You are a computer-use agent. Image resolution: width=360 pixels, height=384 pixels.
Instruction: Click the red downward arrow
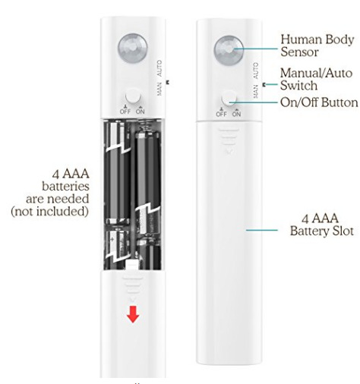(133, 314)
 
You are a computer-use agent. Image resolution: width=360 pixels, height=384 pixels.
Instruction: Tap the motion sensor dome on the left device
(132, 48)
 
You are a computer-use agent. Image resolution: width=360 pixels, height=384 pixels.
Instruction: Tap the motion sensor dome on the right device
(229, 50)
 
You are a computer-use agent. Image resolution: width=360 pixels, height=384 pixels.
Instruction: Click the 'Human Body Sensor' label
(317, 46)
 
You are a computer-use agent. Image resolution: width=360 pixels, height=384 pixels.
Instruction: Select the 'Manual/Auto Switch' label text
(316, 79)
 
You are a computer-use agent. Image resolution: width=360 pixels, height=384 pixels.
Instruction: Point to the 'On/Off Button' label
(319, 102)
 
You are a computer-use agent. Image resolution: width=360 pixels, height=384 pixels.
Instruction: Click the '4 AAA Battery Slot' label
(321, 225)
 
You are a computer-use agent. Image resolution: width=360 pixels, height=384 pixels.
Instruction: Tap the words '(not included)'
(49, 211)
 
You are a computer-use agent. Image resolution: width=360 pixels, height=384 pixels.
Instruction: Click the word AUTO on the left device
(159, 68)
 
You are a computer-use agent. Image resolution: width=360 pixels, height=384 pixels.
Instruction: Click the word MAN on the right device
(256, 92)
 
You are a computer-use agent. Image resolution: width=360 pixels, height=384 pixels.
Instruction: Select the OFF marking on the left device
(125, 112)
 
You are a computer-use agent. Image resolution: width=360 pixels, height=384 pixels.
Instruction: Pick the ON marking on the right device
(236, 114)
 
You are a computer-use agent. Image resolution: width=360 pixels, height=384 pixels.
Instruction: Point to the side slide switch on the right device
(264, 85)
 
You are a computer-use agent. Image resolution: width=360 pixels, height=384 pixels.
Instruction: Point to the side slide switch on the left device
(167, 82)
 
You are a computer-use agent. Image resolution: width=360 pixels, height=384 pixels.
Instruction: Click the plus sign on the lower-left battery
(112, 239)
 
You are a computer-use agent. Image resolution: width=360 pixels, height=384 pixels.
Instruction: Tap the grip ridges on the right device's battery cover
(229, 137)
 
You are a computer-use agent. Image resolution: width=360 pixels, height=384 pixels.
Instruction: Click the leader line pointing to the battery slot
(262, 230)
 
